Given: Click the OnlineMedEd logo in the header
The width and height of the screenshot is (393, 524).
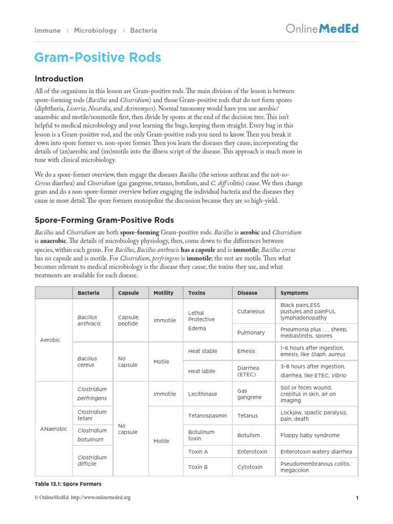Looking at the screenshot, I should point(321,29).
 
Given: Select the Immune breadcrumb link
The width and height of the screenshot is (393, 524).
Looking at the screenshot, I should point(47,30).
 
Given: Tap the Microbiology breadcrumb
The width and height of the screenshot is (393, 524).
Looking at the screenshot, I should point(95,30).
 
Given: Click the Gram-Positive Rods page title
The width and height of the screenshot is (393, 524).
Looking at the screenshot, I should point(97,57).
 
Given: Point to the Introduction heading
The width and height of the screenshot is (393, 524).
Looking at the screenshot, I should point(58,79).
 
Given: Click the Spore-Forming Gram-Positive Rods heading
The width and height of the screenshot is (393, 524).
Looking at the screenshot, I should point(104,220).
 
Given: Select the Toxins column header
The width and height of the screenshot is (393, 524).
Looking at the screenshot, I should point(196,293).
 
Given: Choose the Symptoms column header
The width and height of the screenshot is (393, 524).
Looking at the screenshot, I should point(294,293).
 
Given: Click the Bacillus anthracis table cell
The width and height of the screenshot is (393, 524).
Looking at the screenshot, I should point(87,320).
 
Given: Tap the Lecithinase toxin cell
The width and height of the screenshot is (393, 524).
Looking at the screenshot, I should point(203,394).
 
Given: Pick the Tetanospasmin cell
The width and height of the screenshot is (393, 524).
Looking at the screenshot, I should point(207,416).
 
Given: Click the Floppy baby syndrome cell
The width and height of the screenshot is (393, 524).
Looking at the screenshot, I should point(310,435).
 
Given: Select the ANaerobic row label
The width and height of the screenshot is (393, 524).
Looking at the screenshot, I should point(53,429).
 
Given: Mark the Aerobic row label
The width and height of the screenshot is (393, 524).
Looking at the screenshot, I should point(50,340).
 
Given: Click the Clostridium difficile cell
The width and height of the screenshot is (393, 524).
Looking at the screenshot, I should point(92,461).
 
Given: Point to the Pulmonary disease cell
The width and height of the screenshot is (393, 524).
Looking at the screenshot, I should point(251,333).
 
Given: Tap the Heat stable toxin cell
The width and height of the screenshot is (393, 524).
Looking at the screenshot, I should point(203,351).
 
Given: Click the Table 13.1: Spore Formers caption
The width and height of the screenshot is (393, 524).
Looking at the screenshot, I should point(68,484).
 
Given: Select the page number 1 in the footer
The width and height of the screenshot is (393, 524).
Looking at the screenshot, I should point(356,497).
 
